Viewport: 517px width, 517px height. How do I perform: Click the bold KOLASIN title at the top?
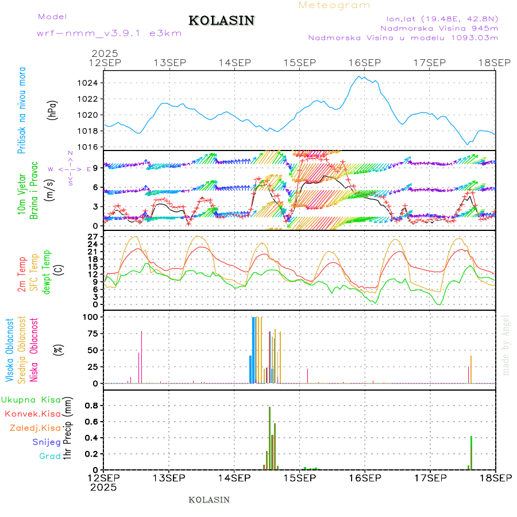(x=221, y=21)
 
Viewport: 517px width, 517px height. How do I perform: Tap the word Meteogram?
(x=334, y=5)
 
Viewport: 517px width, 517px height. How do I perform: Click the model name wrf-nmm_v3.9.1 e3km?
(x=109, y=33)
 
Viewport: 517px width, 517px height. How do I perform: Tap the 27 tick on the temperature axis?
(x=92, y=236)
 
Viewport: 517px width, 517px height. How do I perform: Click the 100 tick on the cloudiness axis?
(x=91, y=317)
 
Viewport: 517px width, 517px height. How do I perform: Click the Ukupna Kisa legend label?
(x=31, y=399)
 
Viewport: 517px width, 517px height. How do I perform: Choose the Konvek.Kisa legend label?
(x=32, y=414)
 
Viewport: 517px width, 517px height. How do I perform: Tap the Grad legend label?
(x=50, y=456)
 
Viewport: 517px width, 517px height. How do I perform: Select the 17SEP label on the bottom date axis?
(x=430, y=477)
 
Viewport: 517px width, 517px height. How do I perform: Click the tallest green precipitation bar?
(x=269, y=438)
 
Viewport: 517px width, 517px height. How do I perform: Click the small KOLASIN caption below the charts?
(x=209, y=500)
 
